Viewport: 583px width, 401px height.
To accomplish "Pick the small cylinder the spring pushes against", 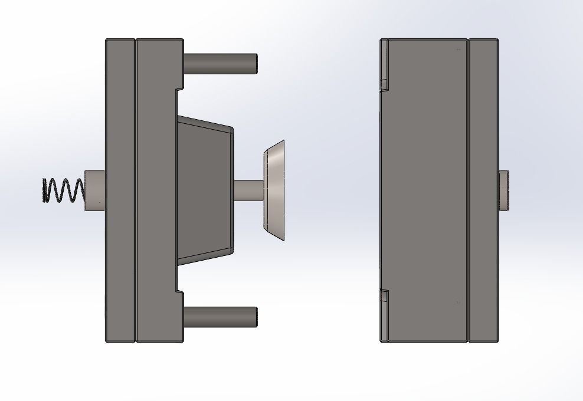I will coord(95,190).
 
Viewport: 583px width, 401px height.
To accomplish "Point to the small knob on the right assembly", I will coord(505,190).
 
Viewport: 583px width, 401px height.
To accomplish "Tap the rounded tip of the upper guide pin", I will coord(255,64).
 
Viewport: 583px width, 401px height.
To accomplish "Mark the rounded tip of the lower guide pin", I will coord(255,317).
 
